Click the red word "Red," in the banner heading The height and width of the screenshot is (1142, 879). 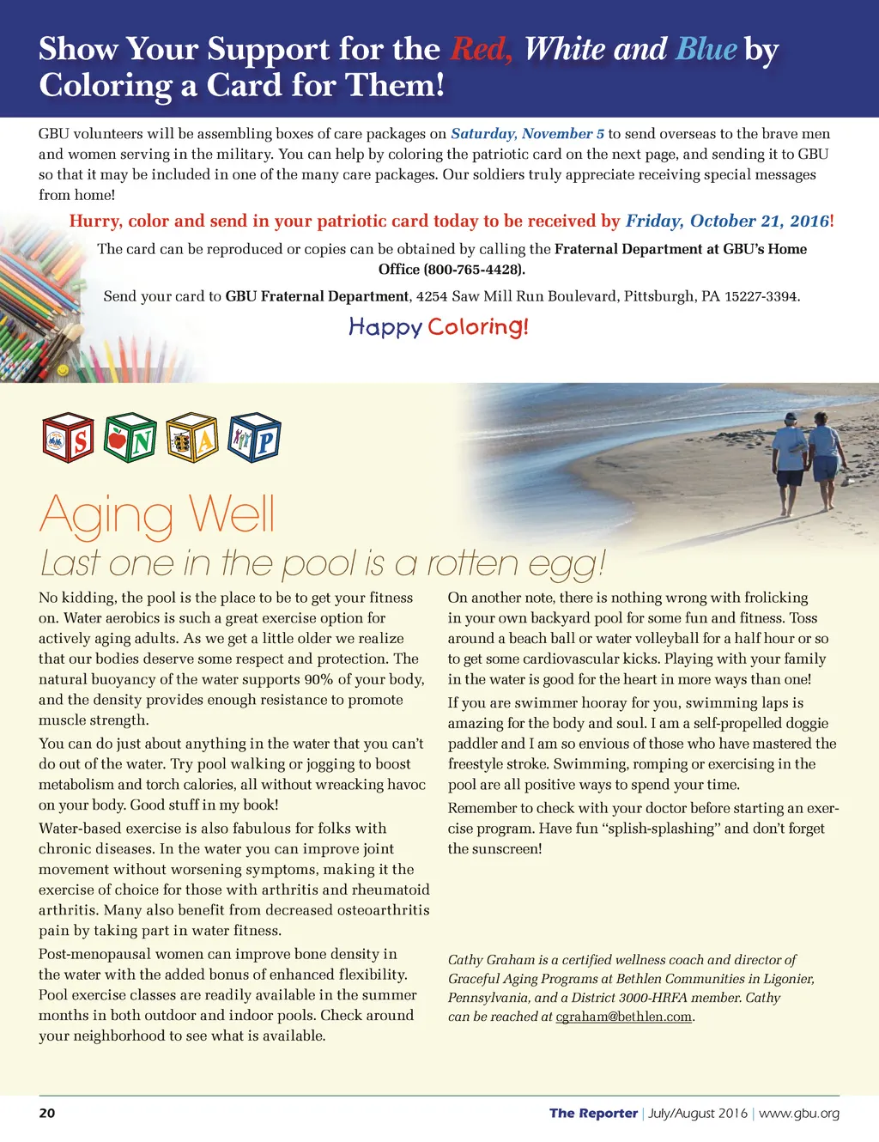click(482, 50)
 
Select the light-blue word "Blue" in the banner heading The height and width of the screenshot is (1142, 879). click(706, 50)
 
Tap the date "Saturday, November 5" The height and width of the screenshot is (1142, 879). click(527, 134)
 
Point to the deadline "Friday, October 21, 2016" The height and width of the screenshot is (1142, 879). click(727, 222)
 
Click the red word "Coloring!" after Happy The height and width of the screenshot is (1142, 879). click(478, 327)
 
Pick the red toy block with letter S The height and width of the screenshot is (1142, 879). click(68, 439)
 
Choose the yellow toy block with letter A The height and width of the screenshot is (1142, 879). click(192, 439)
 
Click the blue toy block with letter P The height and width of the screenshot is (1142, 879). click(254, 439)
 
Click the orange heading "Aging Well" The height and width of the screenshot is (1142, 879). click(157, 515)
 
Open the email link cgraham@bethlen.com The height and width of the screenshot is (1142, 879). click(624, 1017)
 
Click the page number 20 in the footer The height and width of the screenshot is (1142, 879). click(47, 1114)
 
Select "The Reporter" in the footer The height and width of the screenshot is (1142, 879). click(593, 1114)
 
